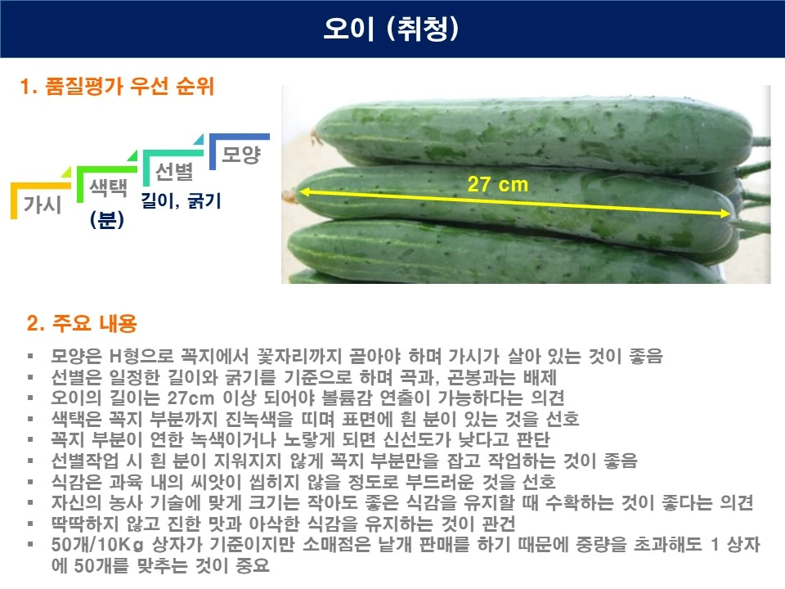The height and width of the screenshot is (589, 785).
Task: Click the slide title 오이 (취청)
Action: [x=392, y=29]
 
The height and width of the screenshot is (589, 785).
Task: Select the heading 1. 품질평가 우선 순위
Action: [x=118, y=87]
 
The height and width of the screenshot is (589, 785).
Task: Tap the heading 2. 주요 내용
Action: [x=82, y=324]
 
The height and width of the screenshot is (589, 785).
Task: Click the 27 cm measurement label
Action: [x=498, y=184]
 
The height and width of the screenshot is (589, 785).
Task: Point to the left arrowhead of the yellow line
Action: [x=301, y=191]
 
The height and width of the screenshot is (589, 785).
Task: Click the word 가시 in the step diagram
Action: [x=43, y=205]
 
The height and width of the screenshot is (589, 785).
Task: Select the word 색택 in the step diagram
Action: [x=107, y=188]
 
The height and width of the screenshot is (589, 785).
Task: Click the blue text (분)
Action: [x=106, y=220]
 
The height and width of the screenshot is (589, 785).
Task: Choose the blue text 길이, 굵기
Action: [x=181, y=200]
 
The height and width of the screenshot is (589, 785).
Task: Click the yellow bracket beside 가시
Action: [x=14, y=201]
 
